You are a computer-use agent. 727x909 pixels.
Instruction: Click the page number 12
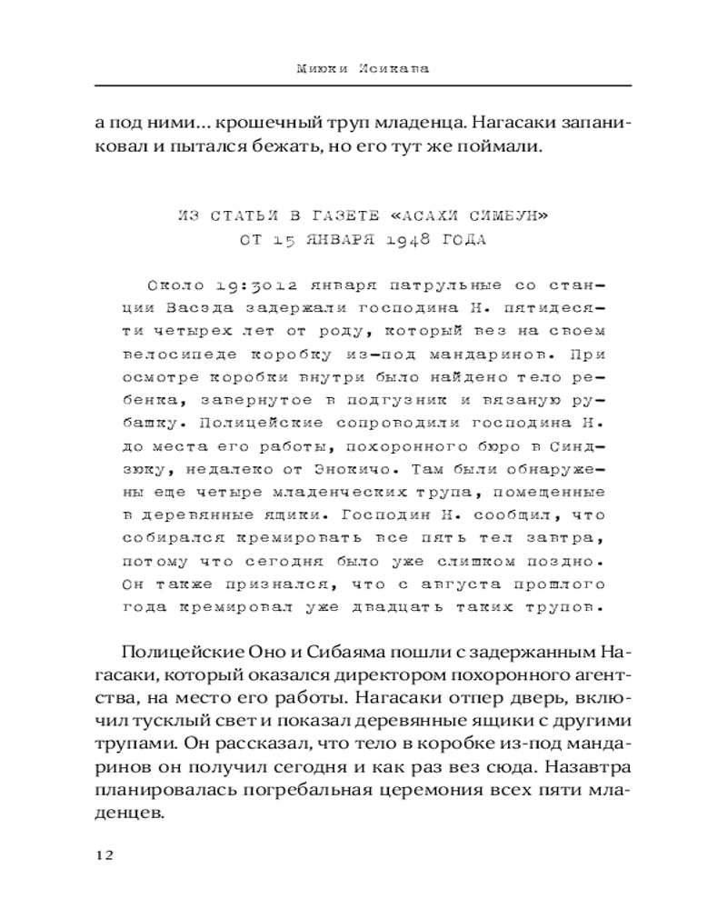tap(101, 854)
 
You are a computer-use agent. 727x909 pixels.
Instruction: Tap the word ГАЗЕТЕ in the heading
tap(307, 215)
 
